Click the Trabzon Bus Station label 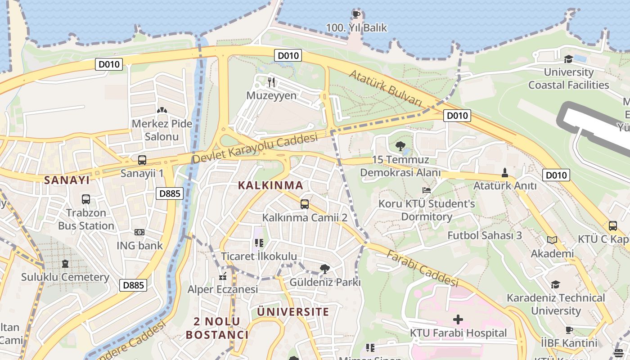click(x=86, y=219)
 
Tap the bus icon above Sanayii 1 click(x=142, y=160)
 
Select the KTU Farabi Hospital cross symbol click(x=458, y=319)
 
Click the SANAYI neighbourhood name click(x=67, y=180)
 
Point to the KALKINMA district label click(x=270, y=185)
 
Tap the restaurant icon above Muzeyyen click(x=271, y=82)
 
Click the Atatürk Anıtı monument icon click(x=505, y=172)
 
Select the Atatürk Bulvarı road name click(x=386, y=88)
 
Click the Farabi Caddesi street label click(x=422, y=268)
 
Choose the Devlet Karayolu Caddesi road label click(x=255, y=149)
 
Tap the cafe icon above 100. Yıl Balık click(x=356, y=14)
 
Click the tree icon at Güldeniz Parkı click(x=324, y=269)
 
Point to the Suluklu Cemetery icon click(x=65, y=263)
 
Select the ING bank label click(x=139, y=246)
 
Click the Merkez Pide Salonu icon click(x=162, y=110)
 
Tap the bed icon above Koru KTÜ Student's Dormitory click(x=426, y=190)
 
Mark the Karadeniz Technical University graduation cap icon click(x=555, y=284)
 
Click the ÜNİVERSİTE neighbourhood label click(x=293, y=312)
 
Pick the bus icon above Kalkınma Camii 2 click(x=305, y=204)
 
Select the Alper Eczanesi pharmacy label click(x=223, y=289)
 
